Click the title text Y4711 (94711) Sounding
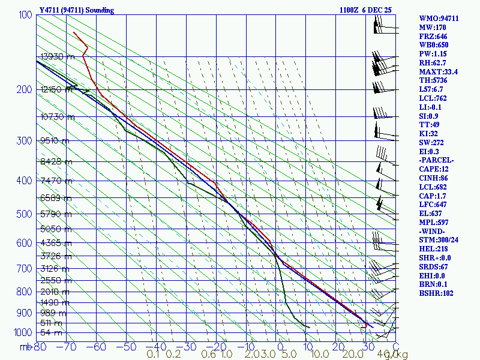(x=76, y=10)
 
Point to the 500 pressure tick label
(x=24, y=214)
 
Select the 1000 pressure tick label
(x=22, y=332)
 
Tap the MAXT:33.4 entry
(x=438, y=71)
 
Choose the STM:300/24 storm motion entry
(x=440, y=248)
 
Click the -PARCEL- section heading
(x=436, y=160)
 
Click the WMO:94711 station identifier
(x=439, y=19)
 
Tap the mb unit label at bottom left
(x=25, y=347)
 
